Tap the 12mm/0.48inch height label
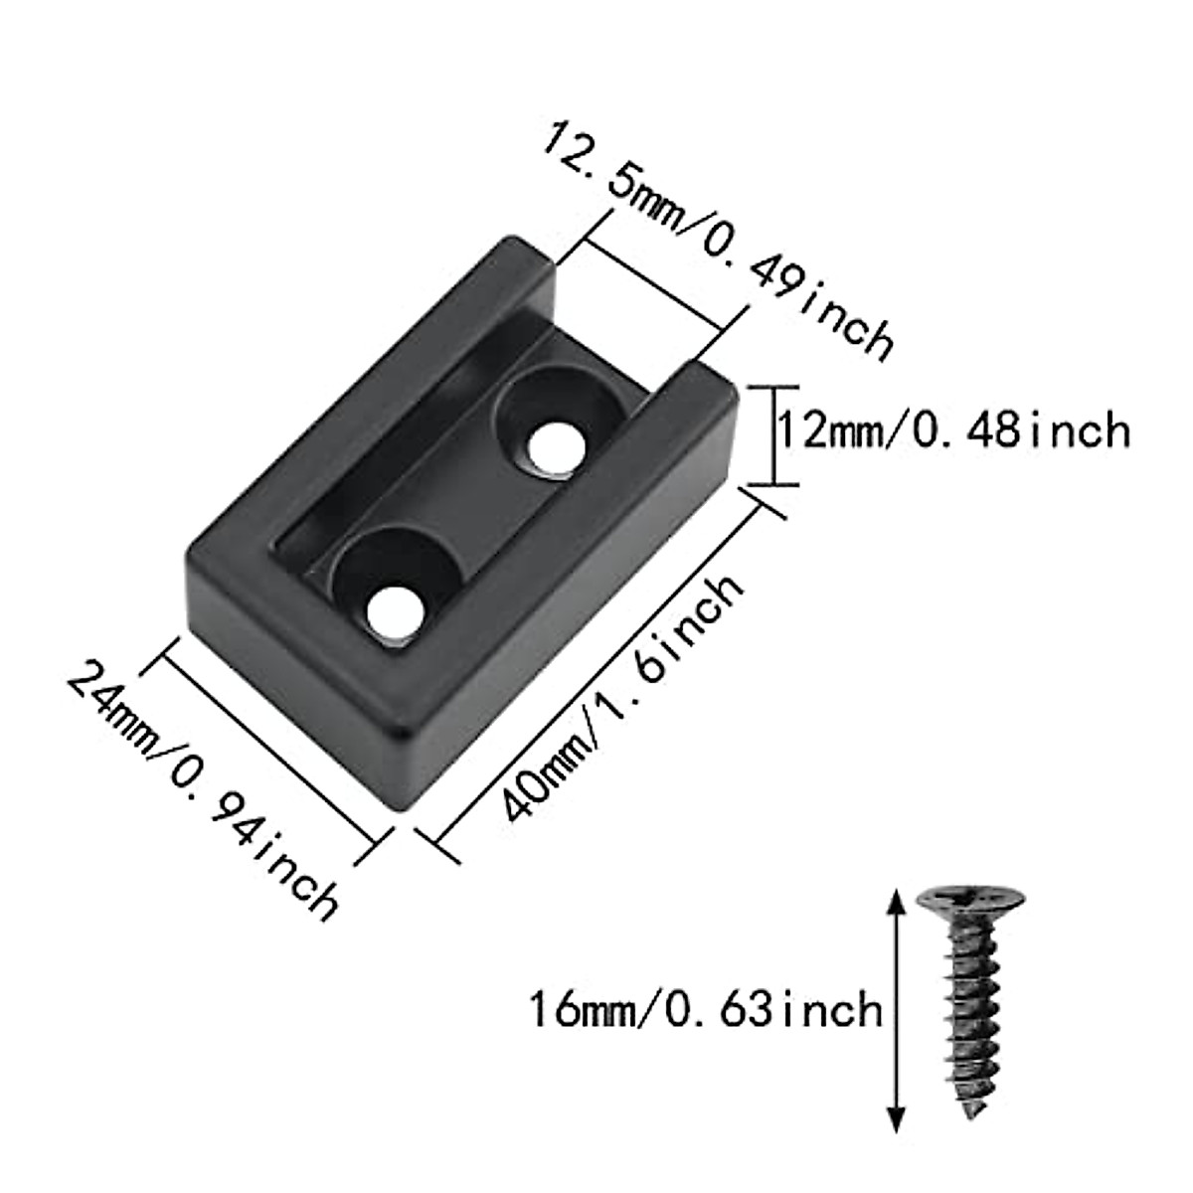tap(952, 431)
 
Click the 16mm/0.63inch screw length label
tap(705, 1009)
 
